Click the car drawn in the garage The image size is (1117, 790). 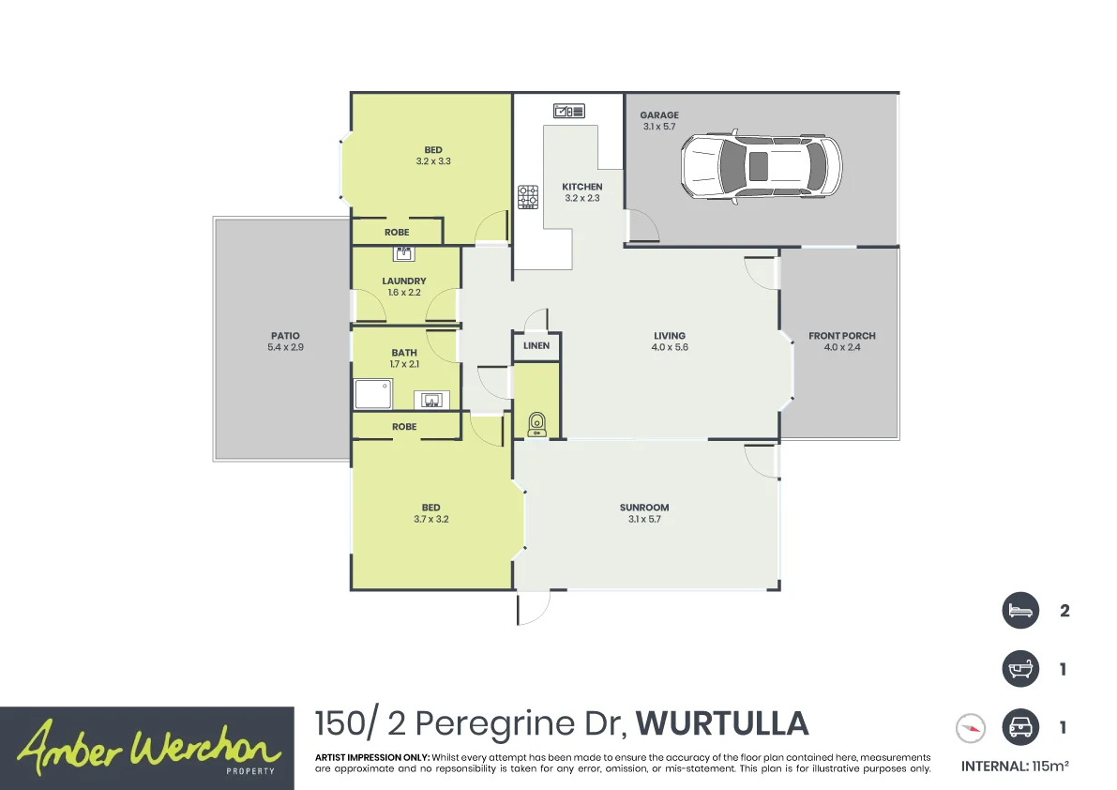point(761,166)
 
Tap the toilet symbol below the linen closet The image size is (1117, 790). point(537,424)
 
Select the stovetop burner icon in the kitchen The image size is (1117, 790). point(528,197)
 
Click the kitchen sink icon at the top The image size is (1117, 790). point(568,111)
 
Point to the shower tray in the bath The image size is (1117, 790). point(373,394)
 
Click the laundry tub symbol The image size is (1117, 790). point(405,252)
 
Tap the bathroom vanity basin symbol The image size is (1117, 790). point(431,401)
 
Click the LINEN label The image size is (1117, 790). point(536,346)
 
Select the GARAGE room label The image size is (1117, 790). point(659,115)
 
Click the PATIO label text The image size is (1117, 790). point(285,336)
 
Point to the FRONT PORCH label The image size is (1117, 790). point(841,336)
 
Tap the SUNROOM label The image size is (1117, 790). point(644,508)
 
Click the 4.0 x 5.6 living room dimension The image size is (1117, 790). point(670,347)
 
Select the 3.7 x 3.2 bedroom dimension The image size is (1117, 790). point(430,519)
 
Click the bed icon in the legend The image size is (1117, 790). point(1019,611)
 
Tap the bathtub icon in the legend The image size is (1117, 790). point(1019,670)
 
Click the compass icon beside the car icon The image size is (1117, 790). point(971,727)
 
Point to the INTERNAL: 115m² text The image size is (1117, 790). point(1015,766)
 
